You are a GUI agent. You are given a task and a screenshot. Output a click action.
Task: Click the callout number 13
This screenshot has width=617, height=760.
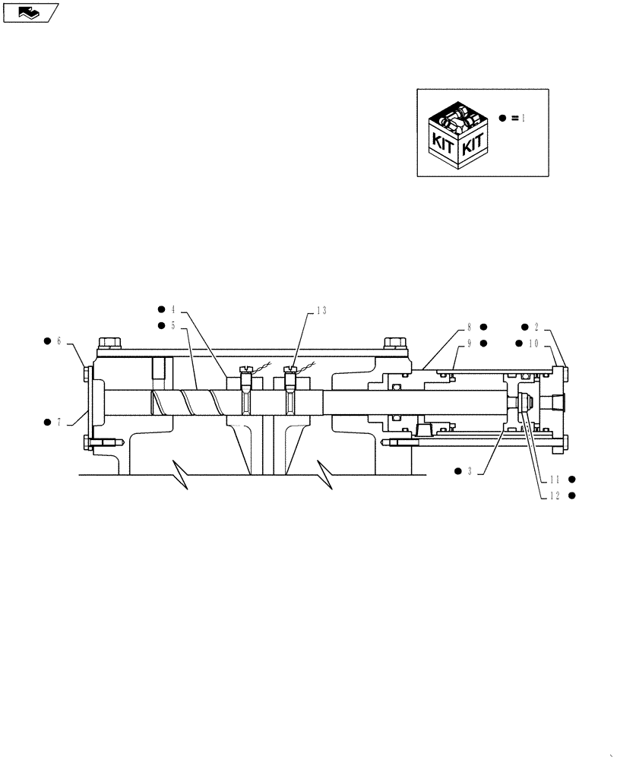pos(321,310)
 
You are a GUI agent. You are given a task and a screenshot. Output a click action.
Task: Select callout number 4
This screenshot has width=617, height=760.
pos(173,309)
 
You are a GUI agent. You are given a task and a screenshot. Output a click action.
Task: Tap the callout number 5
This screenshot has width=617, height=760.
pos(173,325)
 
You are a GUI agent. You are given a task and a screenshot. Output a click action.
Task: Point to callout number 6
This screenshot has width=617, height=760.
pos(59,341)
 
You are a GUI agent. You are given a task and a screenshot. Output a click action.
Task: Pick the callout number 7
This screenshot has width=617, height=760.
pos(59,420)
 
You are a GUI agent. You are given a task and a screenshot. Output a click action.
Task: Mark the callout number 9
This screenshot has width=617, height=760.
pos(470,343)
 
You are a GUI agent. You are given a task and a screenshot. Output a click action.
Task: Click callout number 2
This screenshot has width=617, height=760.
pos(536,327)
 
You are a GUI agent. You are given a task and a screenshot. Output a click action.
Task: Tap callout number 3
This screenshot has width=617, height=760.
pos(470,471)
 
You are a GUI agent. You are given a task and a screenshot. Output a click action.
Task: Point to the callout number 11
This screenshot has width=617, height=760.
pos(556,480)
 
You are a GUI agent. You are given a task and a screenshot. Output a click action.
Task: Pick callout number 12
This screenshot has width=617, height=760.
pos(556,496)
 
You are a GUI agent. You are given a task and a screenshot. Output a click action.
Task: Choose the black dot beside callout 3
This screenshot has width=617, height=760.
pos(458,471)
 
